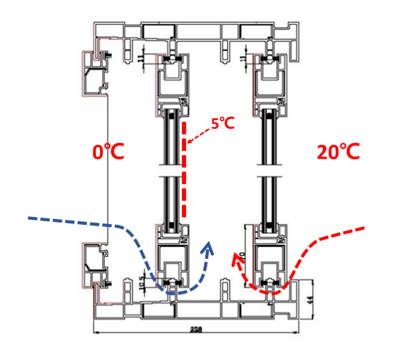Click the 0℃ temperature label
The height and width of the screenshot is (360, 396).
[x=108, y=152]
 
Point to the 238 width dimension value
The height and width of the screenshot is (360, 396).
[x=196, y=329]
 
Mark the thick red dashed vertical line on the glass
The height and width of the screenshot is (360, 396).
[x=184, y=169]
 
